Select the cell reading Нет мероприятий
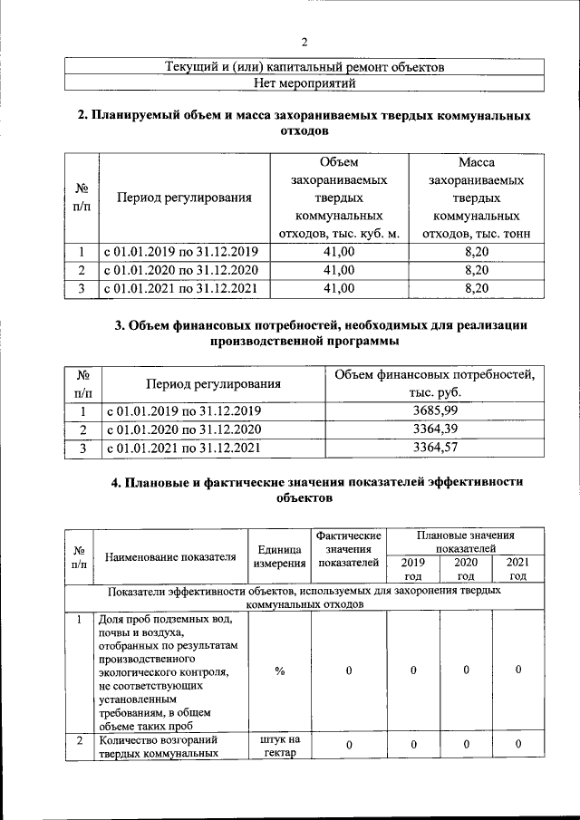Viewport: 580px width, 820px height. (x=304, y=83)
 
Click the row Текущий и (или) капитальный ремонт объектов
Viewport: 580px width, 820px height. (x=304, y=67)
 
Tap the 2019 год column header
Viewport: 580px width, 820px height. (x=413, y=569)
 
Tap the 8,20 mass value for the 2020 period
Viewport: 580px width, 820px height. (x=476, y=270)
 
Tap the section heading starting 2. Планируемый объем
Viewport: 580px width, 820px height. (x=304, y=124)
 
